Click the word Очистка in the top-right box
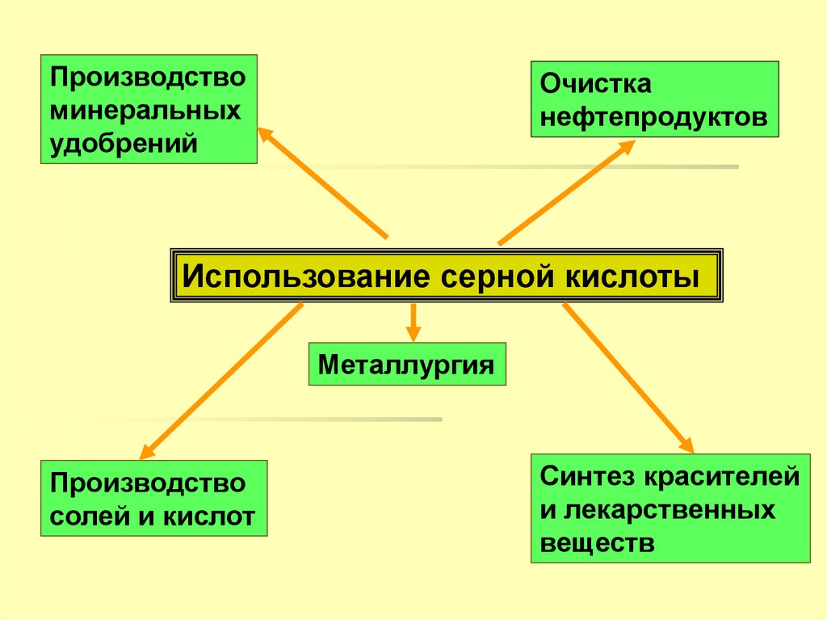596,85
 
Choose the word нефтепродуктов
654,116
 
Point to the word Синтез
586,476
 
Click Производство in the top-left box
149,78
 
